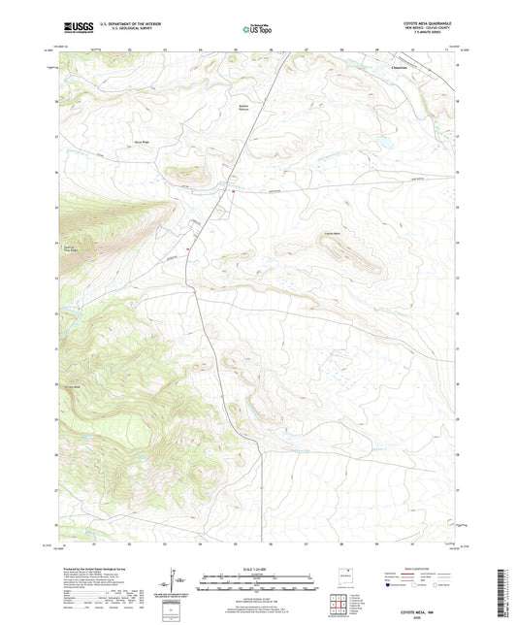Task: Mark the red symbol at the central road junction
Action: click(x=233, y=191)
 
